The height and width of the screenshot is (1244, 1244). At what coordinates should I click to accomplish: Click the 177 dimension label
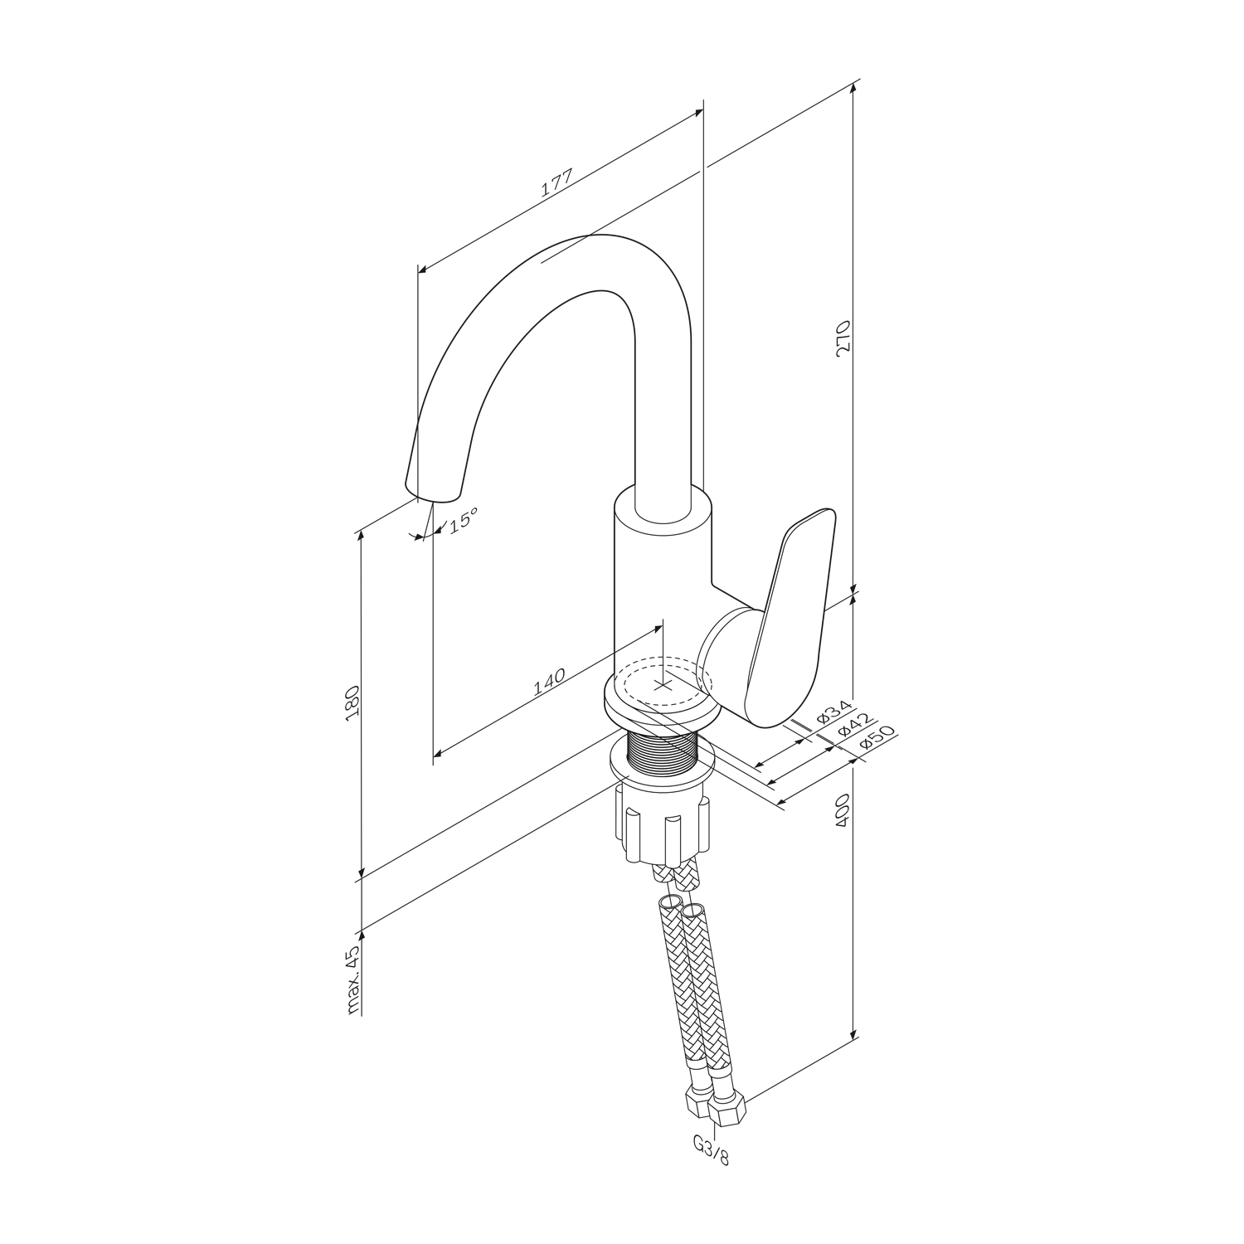click(556, 183)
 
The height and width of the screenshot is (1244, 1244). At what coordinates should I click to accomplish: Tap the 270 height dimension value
click(844, 338)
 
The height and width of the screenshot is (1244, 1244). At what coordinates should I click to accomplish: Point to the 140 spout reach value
click(549, 680)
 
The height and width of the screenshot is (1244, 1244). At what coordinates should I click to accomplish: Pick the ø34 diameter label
click(833, 712)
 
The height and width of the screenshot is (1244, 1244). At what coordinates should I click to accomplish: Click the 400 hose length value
click(844, 809)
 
